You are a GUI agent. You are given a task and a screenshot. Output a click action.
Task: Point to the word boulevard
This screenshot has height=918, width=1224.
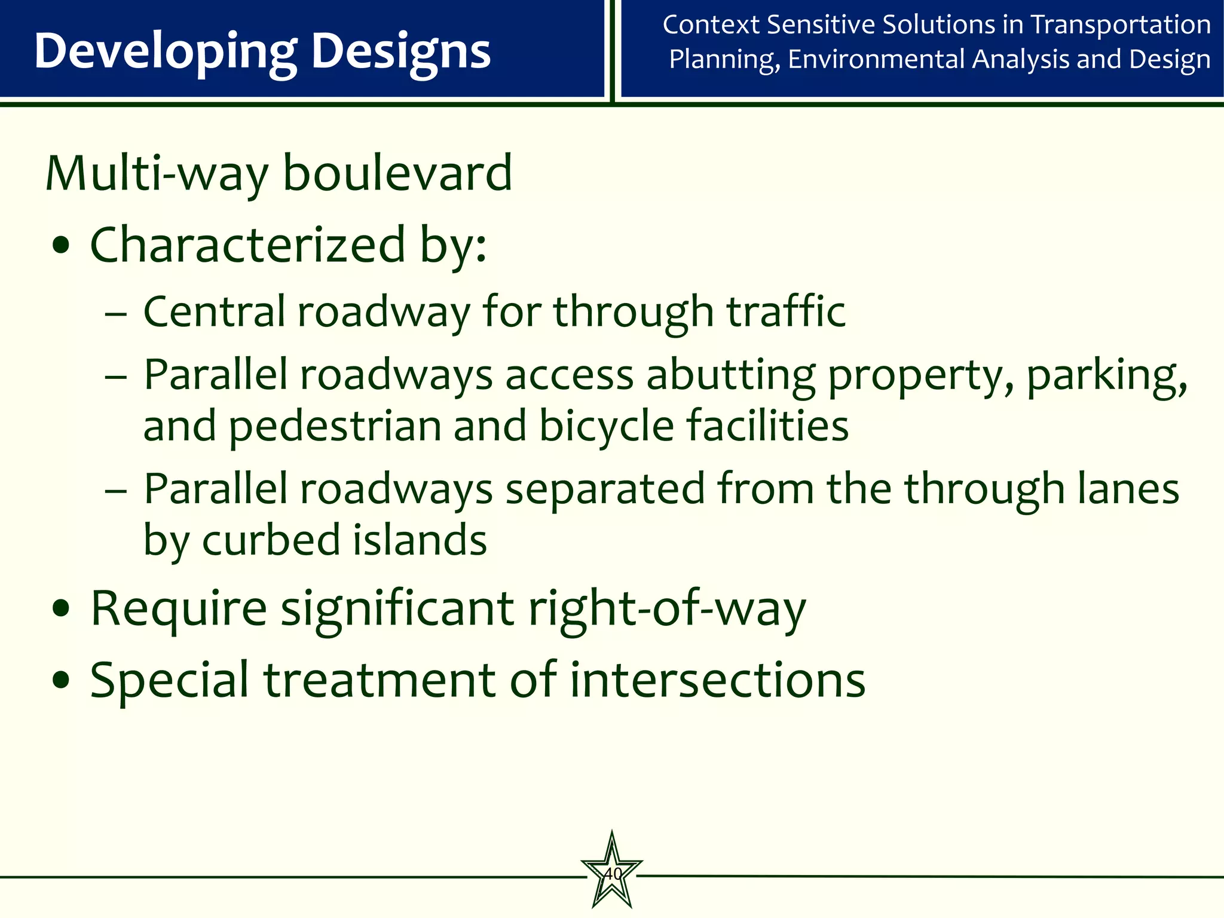(397, 173)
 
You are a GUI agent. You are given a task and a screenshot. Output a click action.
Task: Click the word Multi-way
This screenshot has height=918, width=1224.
(157, 175)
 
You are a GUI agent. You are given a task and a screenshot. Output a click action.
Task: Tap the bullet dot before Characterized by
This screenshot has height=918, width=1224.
(62, 246)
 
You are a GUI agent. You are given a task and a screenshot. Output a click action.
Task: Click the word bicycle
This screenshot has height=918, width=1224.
(606, 427)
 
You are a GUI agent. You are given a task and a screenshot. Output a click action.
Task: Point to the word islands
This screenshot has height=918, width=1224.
(420, 540)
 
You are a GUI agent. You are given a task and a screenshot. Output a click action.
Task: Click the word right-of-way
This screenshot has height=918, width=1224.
(667, 610)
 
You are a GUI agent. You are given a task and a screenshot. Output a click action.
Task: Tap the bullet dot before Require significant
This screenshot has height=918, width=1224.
(62, 610)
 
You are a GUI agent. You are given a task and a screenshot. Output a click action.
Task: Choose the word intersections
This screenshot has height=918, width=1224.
(717, 680)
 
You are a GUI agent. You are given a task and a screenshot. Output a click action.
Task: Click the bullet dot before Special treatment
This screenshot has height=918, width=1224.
(62, 680)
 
